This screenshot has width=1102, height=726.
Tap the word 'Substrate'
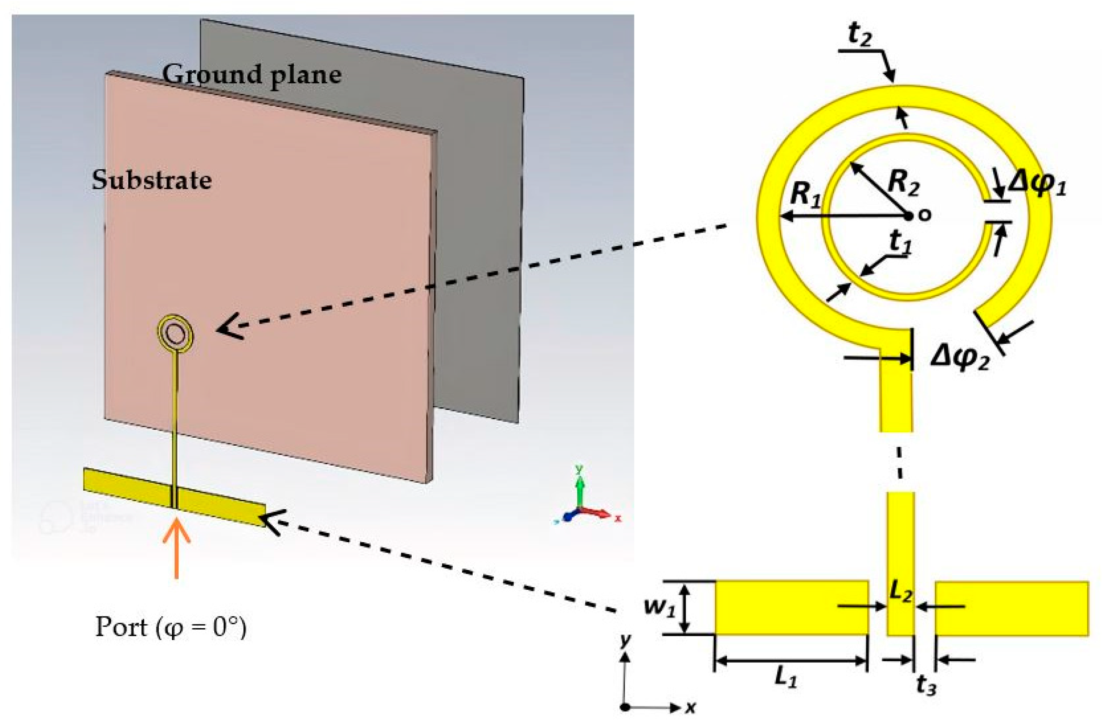(x=152, y=179)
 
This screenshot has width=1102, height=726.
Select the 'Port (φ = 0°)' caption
(x=170, y=627)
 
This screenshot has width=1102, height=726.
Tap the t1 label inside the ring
(x=900, y=242)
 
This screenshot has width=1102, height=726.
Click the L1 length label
(x=786, y=678)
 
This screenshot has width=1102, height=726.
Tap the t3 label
(x=926, y=686)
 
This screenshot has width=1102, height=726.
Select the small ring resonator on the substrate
(x=175, y=334)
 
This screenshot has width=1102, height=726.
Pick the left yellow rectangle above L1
(x=791, y=607)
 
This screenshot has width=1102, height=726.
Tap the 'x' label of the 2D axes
(x=690, y=707)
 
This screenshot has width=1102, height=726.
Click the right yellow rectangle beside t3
(x=1011, y=608)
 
